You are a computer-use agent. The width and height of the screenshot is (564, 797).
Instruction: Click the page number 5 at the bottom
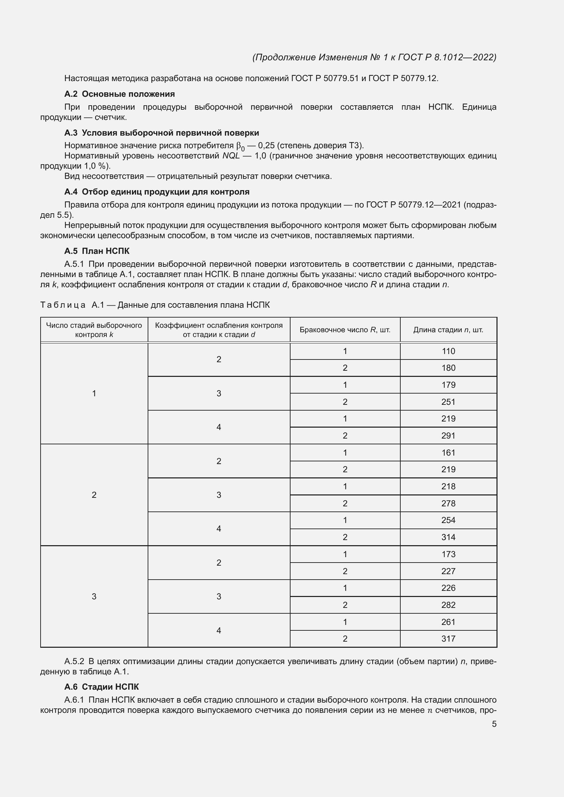[x=494, y=724]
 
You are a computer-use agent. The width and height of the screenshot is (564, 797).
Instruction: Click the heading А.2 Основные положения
[x=119, y=94]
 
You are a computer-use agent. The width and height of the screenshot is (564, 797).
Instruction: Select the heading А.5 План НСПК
[x=97, y=251]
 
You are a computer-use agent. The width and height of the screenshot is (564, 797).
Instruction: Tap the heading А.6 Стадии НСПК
[x=101, y=687]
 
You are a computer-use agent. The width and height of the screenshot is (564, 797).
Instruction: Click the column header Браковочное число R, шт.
[x=345, y=330]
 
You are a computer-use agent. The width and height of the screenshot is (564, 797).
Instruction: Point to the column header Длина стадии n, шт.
[x=448, y=330]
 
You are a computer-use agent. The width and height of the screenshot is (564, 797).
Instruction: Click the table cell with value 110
[x=448, y=351]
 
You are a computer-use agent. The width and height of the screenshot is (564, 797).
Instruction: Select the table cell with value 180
[x=448, y=368]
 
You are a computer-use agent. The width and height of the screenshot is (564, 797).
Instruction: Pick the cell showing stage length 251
[x=448, y=402]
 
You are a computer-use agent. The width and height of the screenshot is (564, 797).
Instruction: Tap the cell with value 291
[x=448, y=436]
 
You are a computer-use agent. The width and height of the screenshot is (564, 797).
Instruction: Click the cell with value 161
[x=448, y=453]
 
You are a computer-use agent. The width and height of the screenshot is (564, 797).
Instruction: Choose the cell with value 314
[x=448, y=537]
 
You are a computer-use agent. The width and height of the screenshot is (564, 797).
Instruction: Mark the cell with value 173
[x=448, y=554]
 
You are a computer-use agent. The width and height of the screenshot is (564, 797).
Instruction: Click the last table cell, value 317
[x=448, y=639]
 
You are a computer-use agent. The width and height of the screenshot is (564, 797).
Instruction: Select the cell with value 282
[x=448, y=605]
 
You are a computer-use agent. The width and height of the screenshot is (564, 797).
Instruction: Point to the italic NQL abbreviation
[x=231, y=156]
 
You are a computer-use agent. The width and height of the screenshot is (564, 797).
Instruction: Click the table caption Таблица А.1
[x=155, y=305]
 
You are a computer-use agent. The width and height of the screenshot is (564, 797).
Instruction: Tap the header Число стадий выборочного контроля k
[x=94, y=330]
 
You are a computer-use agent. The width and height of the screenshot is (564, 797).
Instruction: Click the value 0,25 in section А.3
[x=266, y=145]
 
